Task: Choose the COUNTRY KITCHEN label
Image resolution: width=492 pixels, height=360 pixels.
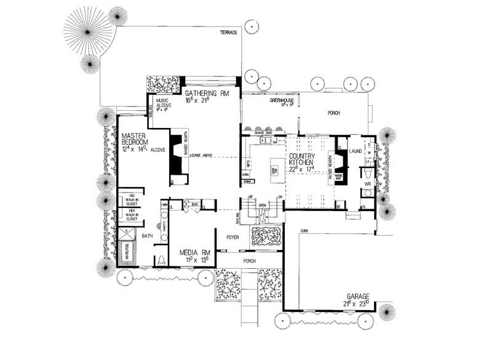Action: pos(302,160)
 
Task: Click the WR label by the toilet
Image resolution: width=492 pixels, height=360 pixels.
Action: pos(367,183)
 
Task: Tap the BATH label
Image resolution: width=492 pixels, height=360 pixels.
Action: pos(148,236)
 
